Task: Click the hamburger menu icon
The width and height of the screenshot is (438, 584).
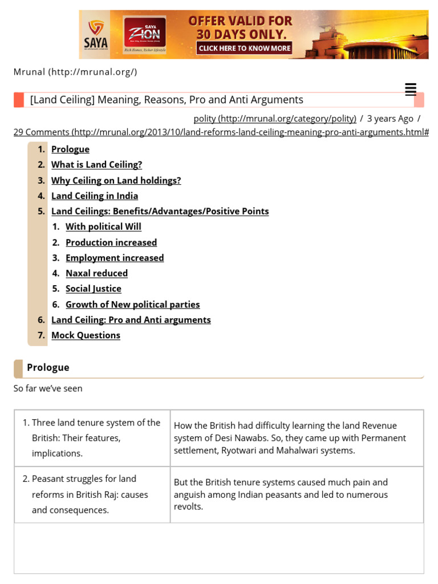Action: [410, 90]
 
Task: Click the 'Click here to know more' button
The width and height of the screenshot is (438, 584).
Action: [245, 48]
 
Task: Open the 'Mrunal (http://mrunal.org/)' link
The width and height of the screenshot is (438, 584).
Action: [75, 72]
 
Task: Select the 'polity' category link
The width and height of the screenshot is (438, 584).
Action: [275, 118]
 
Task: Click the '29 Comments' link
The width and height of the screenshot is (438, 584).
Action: [221, 132]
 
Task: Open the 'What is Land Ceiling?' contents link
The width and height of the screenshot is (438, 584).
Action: [96, 165]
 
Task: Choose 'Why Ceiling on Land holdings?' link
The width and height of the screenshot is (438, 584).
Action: [116, 180]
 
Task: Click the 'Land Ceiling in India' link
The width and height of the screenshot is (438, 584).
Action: [95, 196]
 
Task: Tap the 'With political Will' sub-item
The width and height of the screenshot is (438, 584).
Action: [103, 226]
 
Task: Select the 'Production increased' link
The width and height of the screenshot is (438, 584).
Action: [111, 242]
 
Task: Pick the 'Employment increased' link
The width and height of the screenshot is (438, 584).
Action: [115, 258]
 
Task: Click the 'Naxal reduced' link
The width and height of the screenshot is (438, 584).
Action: [96, 273]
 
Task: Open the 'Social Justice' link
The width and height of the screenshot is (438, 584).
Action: [94, 289]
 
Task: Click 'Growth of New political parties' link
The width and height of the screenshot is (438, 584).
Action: [132, 305]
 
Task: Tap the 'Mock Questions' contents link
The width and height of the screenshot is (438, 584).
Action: [86, 335]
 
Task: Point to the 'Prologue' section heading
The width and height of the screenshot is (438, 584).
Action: [48, 368]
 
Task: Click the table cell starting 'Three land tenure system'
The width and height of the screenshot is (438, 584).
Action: [92, 438]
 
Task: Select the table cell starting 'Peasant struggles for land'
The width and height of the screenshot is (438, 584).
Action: [92, 494]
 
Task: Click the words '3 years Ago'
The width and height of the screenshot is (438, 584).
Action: [390, 118]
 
